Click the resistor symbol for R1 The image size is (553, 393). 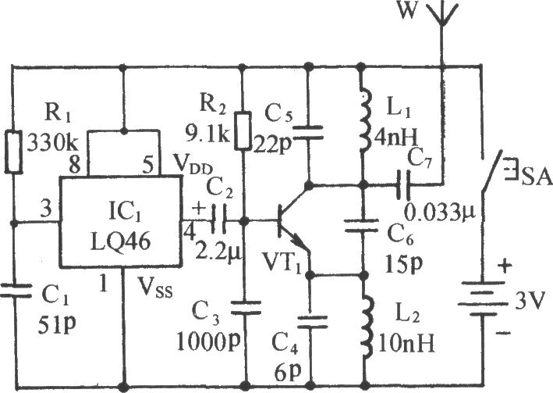13,152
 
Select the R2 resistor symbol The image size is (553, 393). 243,130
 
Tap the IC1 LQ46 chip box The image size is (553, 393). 121,221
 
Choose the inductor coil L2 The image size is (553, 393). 365,327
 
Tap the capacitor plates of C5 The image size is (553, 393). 308,134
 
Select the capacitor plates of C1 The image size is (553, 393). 15,291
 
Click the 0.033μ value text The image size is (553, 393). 440,213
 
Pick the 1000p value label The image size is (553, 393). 208,341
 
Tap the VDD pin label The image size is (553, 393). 193,166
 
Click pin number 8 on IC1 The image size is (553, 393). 74,164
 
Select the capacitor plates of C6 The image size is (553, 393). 361,226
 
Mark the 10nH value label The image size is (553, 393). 406,343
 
